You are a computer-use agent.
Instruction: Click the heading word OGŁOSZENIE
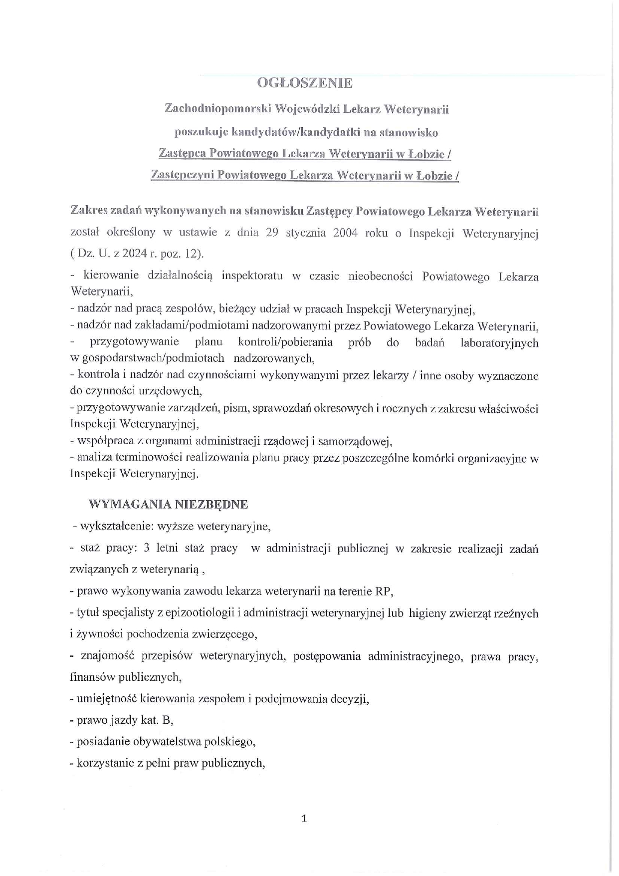[x=304, y=83]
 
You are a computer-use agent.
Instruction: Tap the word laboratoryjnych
[x=499, y=342]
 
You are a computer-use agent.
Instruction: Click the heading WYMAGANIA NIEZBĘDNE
[x=168, y=504]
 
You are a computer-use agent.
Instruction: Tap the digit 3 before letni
[x=146, y=548]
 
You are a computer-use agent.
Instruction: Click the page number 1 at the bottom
[x=304, y=819]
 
